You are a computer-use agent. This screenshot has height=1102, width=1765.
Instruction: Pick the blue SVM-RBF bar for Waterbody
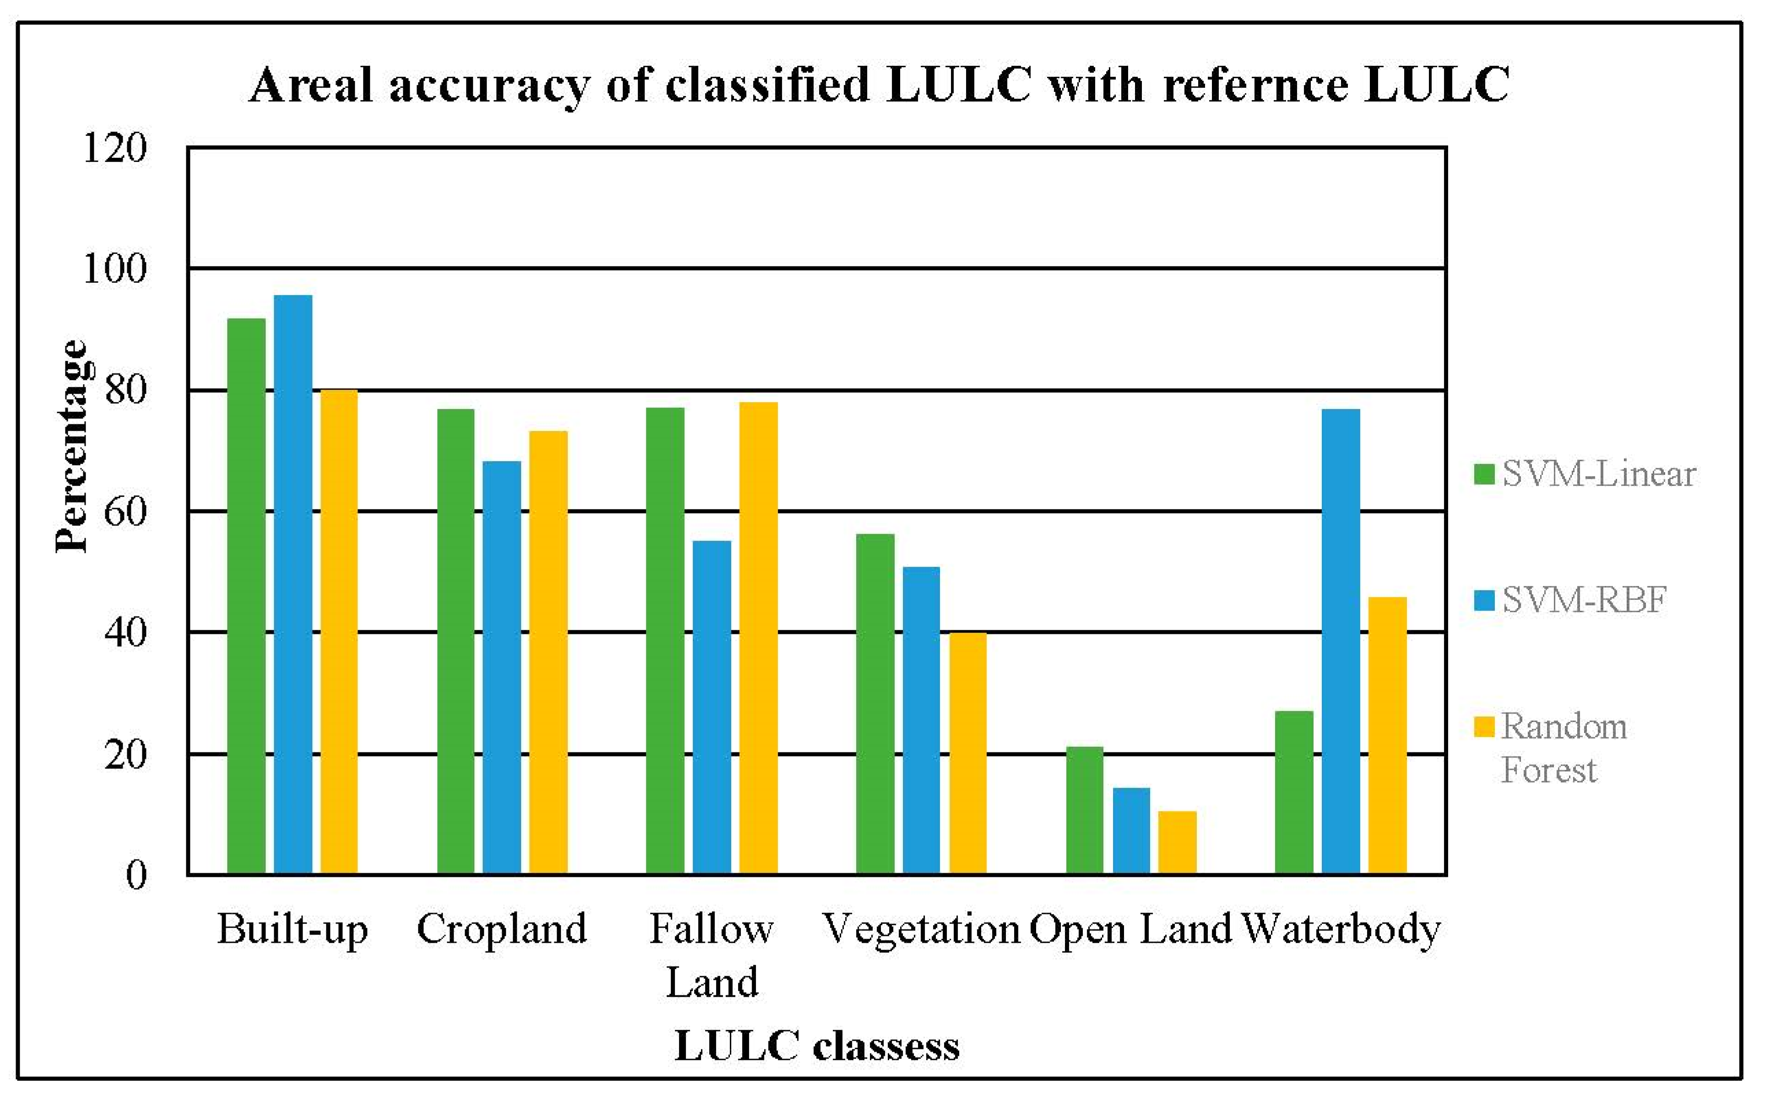(x=1341, y=641)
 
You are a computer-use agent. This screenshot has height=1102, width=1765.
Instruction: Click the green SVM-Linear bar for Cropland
(x=456, y=641)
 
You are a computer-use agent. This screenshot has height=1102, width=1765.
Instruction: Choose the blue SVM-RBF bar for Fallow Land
(x=711, y=707)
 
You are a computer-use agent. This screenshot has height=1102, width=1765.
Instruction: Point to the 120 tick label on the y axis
(x=115, y=148)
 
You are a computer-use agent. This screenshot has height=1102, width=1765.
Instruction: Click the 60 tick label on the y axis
(x=125, y=512)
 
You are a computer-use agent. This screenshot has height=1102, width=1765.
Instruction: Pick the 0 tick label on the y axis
(x=136, y=874)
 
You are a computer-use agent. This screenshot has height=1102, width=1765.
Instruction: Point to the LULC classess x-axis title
(x=816, y=1047)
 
